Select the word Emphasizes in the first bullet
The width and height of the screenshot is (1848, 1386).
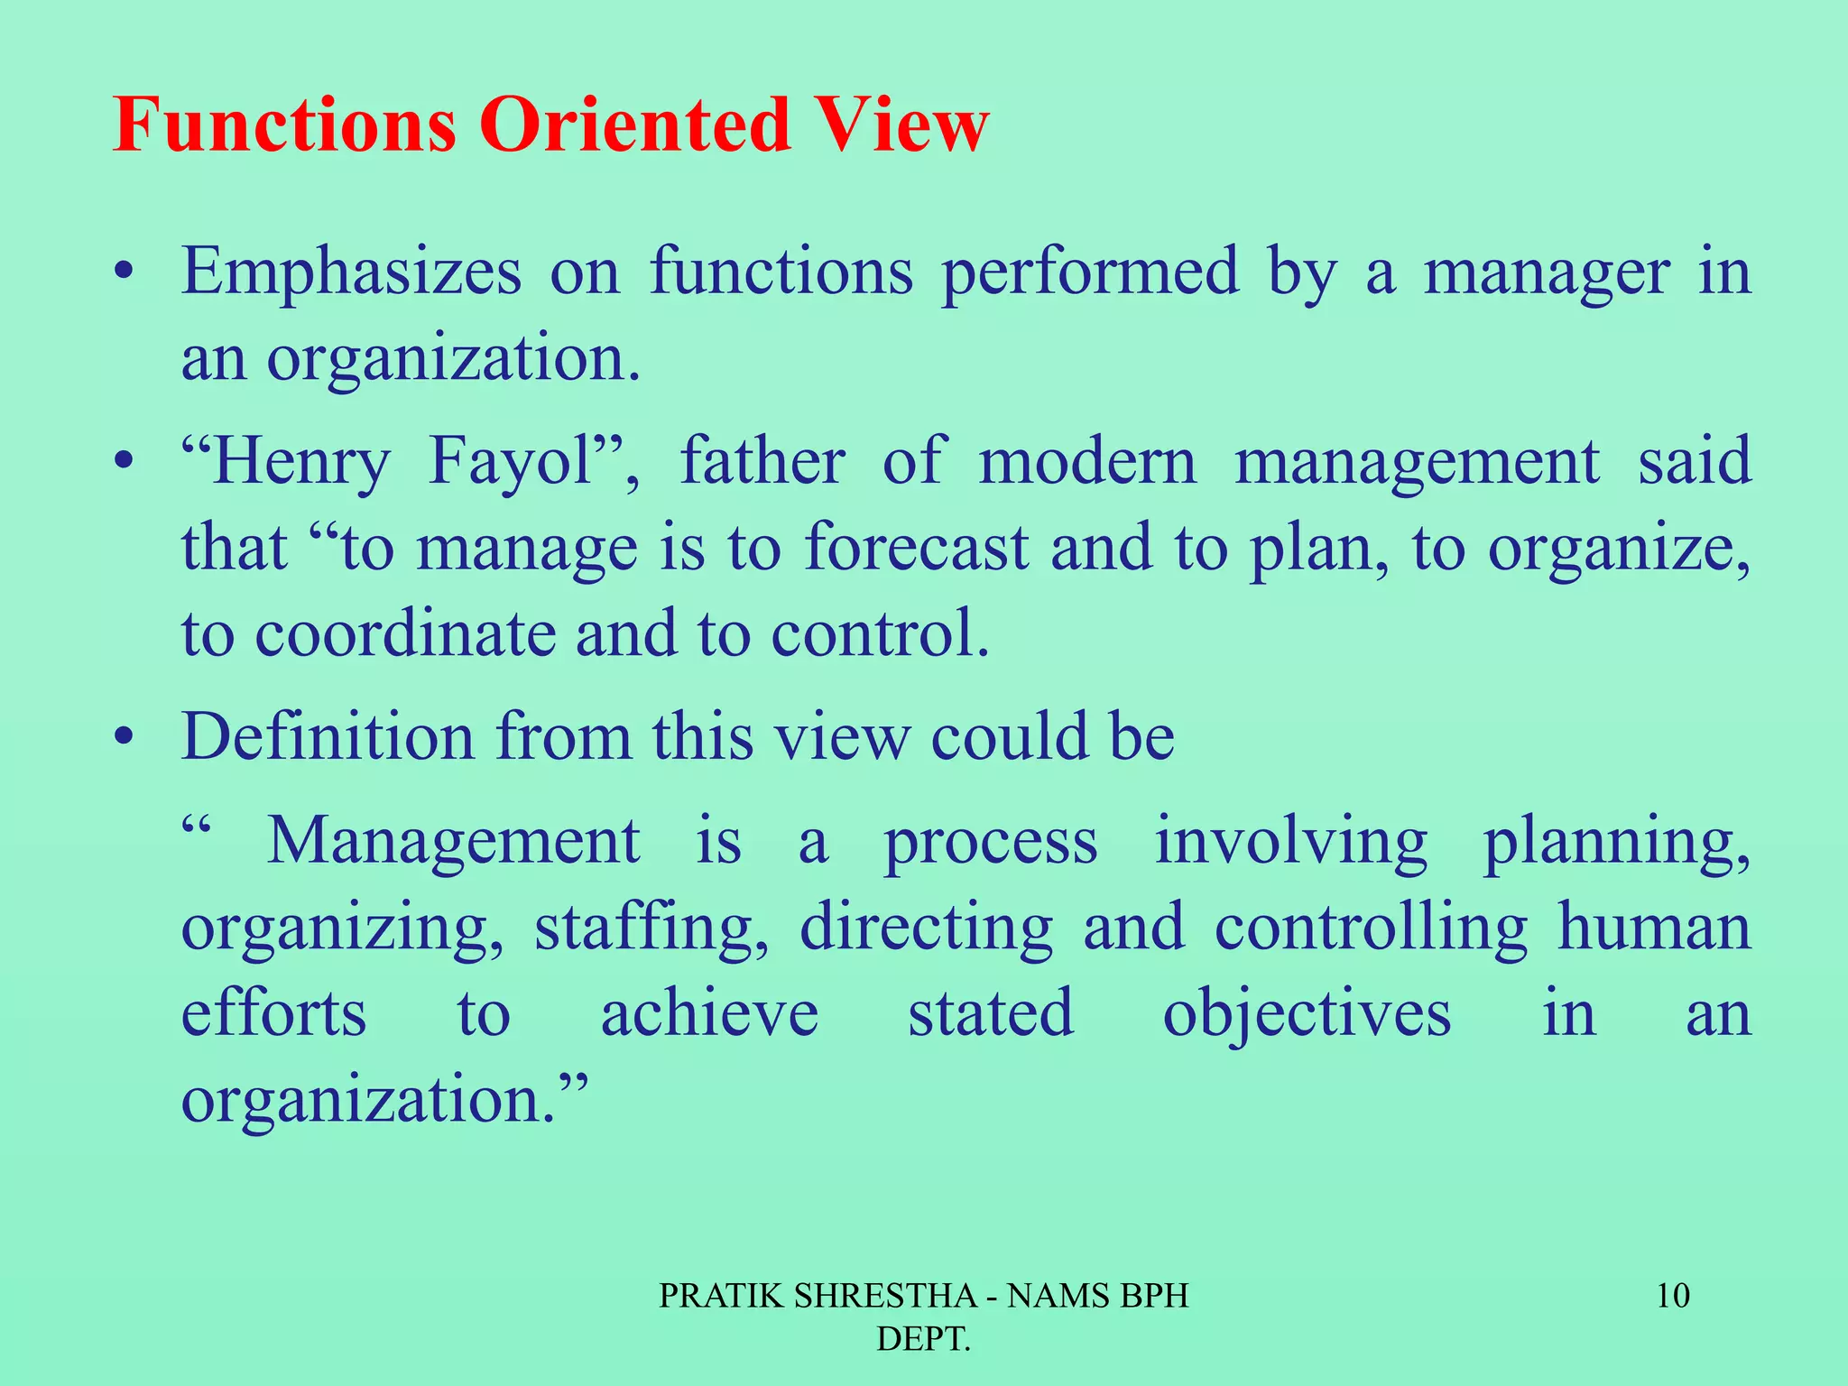[351, 272]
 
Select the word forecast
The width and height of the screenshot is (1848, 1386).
[916, 548]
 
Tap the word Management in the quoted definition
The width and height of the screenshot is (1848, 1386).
[454, 841]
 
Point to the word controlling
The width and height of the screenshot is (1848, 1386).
[1371, 929]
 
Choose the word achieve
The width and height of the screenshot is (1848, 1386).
[709, 1013]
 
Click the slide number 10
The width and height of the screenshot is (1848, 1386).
[1673, 1296]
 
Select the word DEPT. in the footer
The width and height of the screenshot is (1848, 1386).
[923, 1339]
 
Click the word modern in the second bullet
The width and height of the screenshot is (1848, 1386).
[1087, 461]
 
